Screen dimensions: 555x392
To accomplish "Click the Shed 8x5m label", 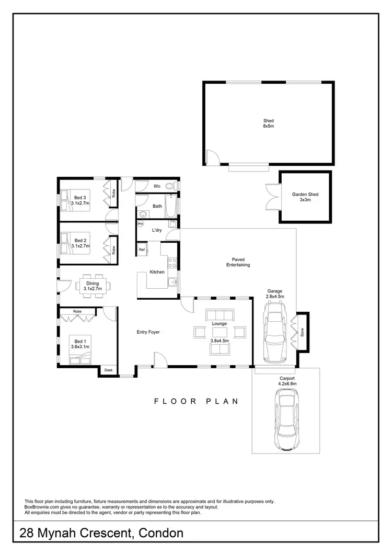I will tap(268, 123).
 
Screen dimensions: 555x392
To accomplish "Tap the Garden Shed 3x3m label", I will tap(305, 197).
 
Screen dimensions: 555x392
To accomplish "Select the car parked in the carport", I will tap(287, 421).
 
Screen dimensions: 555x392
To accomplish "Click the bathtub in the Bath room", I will tap(171, 207).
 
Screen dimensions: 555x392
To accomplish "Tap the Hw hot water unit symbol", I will tap(141, 224).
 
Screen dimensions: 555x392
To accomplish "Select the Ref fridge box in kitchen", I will tap(142, 250).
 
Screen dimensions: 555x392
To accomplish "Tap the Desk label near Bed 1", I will tap(109, 370).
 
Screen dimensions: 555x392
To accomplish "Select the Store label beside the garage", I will tap(302, 332).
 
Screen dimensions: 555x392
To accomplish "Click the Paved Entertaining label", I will tap(238, 262).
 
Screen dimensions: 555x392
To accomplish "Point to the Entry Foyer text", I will tap(148, 332).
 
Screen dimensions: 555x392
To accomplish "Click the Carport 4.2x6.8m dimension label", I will tap(287, 381).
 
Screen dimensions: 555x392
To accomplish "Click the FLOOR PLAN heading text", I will tap(195, 402).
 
